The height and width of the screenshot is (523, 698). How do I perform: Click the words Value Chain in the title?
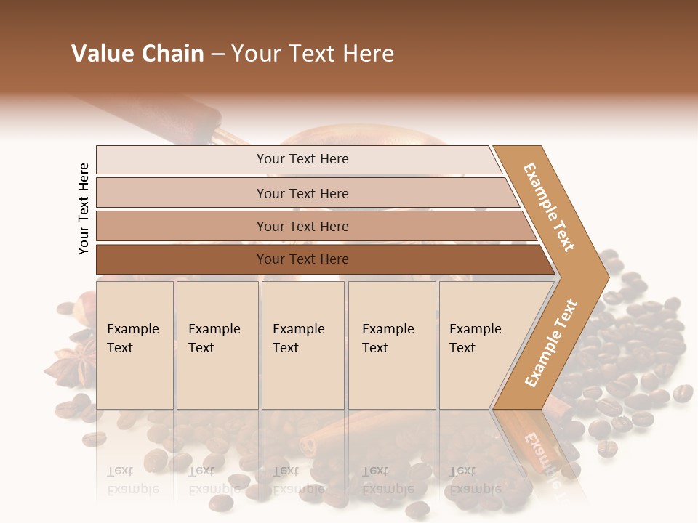tap(137, 54)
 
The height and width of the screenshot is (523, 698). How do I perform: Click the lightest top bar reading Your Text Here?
tap(302, 159)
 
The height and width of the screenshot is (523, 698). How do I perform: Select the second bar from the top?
tap(302, 193)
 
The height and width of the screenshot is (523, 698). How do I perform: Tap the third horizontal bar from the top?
tap(302, 226)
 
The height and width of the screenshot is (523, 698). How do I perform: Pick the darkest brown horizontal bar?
tap(302, 259)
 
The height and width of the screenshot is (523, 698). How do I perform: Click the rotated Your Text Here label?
tap(84, 208)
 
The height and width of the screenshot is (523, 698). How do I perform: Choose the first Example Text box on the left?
tap(135, 345)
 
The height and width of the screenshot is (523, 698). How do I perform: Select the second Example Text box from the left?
tap(217, 345)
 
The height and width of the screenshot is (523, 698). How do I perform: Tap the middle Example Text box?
tap(302, 345)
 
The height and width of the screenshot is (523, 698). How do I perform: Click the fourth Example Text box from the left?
tap(391, 345)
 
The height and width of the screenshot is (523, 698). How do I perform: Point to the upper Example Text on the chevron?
tap(549, 208)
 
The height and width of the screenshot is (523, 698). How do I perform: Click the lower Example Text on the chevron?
tap(550, 343)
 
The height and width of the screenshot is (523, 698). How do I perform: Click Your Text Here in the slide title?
tap(312, 54)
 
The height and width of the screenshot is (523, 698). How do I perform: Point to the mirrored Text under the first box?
tap(121, 471)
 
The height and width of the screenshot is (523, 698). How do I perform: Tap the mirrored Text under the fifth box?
tap(462, 471)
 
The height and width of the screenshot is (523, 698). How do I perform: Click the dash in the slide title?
tap(217, 54)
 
